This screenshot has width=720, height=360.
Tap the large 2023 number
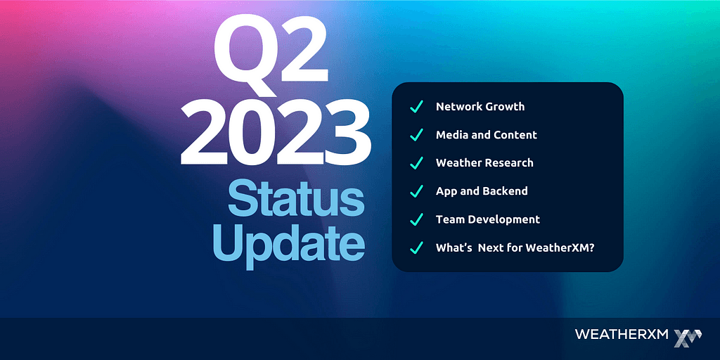point(276,134)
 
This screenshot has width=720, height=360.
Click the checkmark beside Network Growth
point(416,107)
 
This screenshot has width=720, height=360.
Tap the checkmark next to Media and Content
point(416,135)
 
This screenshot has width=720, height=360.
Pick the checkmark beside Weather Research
point(416,163)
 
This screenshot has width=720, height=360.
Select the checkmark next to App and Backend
point(416,191)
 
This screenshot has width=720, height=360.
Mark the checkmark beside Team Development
point(416,219)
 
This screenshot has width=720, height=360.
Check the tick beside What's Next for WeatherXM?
point(416,248)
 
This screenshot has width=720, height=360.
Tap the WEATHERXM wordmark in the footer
point(622,334)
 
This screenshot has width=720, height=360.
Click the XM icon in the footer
point(688,337)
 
